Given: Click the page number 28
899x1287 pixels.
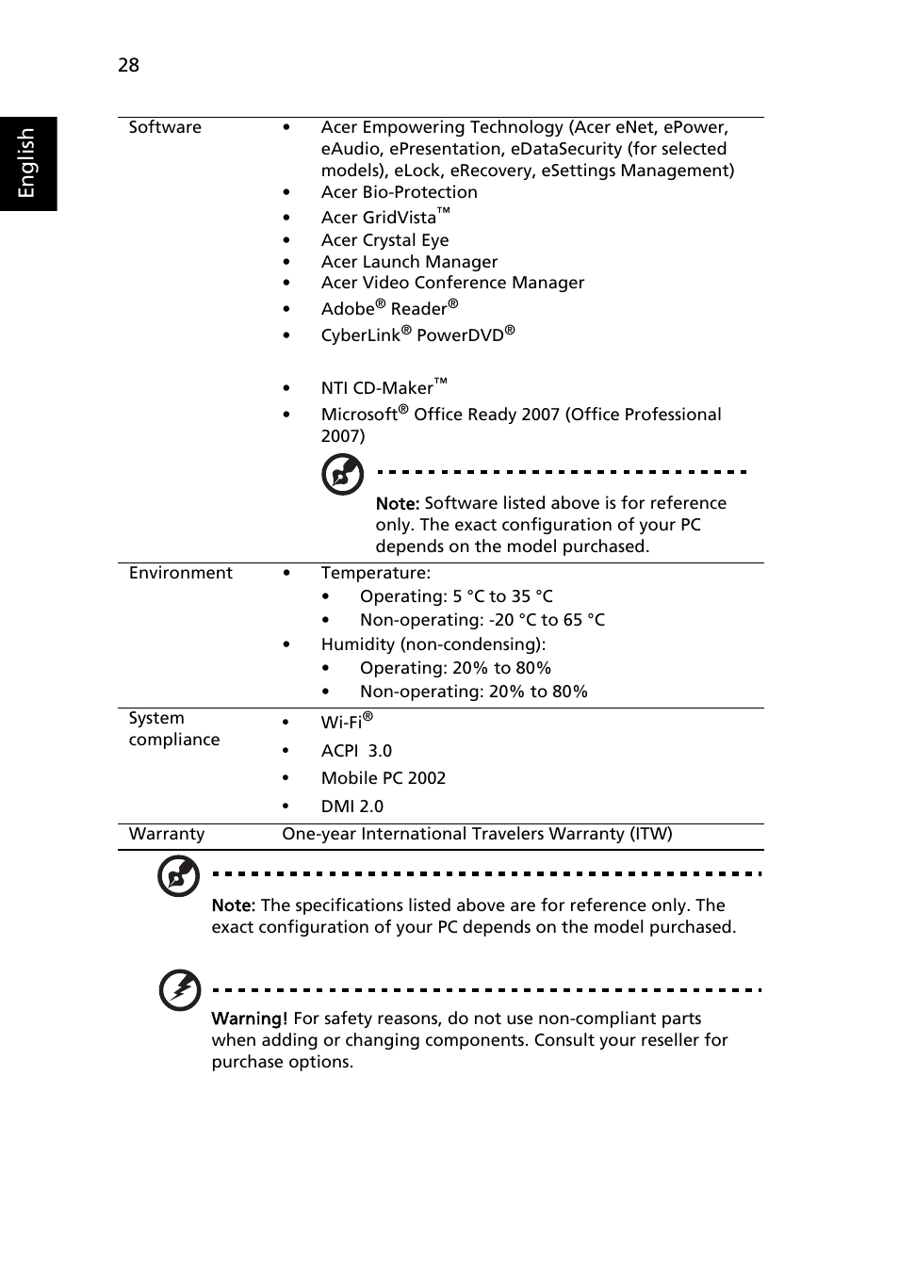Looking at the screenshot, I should pyautogui.click(x=128, y=65).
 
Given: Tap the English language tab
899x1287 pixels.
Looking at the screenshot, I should pyautogui.click(x=27, y=163).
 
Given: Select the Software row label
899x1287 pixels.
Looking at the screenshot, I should pyautogui.click(x=165, y=127).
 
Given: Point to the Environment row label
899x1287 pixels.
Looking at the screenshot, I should pyautogui.click(x=180, y=573).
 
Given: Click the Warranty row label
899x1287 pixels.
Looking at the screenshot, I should pyautogui.click(x=166, y=834).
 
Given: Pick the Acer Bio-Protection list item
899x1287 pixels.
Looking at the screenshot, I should pyautogui.click(x=399, y=192).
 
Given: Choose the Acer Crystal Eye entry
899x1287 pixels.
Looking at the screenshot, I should pyautogui.click(x=384, y=240).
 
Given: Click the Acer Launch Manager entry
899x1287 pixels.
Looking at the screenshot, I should pyautogui.click(x=409, y=262).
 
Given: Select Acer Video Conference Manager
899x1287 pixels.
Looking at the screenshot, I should pyautogui.click(x=452, y=283).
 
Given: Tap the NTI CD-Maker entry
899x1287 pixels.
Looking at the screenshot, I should pyautogui.click(x=383, y=387).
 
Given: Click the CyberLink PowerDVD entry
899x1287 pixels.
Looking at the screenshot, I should pyautogui.click(x=417, y=334).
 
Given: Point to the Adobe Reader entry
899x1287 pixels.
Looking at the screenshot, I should pyautogui.click(x=389, y=308).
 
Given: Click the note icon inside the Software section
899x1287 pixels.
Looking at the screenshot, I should pyautogui.click(x=342, y=474).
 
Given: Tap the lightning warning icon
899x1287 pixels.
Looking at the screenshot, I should pyautogui.click(x=179, y=989).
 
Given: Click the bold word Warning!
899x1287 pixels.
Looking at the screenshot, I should pyautogui.click(x=249, y=1018).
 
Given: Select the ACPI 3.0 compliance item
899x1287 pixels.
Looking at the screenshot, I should pyautogui.click(x=356, y=751).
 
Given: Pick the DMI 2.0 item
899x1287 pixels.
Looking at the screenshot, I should pyautogui.click(x=351, y=806).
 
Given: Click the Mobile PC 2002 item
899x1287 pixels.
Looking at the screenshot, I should pyautogui.click(x=383, y=778).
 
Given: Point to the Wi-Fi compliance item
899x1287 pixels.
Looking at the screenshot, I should pyautogui.click(x=346, y=722).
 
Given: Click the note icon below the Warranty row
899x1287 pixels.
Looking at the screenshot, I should pyautogui.click(x=178, y=876).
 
